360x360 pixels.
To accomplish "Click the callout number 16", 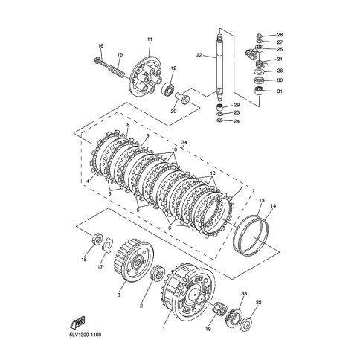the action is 100,46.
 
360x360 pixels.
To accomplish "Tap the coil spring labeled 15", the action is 116,70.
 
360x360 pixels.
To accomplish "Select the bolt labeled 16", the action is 101,62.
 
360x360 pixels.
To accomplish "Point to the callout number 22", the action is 199,55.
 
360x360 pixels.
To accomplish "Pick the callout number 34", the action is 184,142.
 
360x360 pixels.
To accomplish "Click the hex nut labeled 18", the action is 97,239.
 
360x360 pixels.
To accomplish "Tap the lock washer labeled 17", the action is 108,245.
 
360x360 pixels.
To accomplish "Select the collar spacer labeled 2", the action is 156,273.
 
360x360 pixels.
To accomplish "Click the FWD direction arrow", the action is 77,323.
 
